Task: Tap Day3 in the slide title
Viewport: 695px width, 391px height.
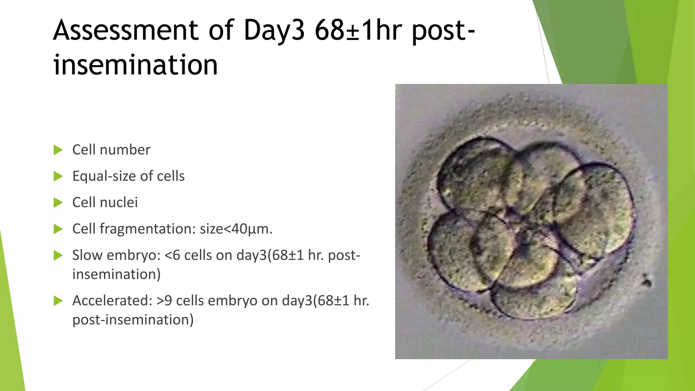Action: point(274,31)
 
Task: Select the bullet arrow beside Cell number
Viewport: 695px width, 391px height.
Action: point(58,150)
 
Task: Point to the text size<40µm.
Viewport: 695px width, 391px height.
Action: point(236,229)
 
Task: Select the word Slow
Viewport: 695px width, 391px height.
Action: point(87,255)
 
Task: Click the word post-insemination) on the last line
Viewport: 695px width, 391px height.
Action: point(133,320)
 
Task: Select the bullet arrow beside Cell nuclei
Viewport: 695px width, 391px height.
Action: point(58,203)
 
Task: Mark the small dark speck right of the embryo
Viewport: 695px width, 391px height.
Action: point(646,280)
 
